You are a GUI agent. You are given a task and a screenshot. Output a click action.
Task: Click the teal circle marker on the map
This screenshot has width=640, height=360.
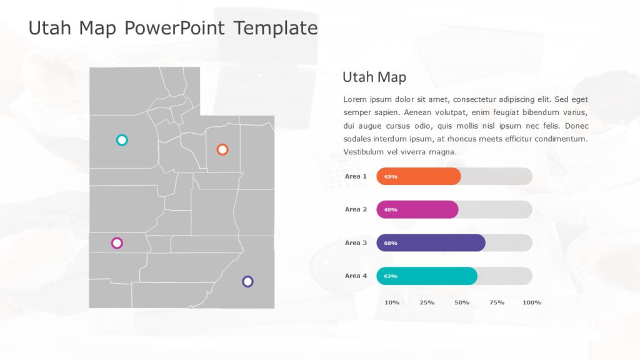[122, 140]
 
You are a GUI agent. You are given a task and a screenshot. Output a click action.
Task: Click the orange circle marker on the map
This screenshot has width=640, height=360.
[222, 149]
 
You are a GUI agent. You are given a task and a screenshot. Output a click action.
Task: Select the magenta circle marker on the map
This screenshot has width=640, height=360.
[117, 242]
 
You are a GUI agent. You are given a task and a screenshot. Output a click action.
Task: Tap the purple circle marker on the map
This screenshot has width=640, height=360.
[247, 281]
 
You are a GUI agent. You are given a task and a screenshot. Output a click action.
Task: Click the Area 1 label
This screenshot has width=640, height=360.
[356, 176]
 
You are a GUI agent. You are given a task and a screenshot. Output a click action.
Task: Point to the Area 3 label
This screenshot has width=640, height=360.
[356, 242]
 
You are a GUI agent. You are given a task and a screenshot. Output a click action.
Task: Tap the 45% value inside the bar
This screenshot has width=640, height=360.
[391, 177]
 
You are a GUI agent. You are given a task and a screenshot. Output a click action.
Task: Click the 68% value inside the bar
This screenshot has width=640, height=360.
[391, 243]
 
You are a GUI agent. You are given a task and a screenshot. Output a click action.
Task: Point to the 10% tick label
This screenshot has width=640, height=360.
[392, 302]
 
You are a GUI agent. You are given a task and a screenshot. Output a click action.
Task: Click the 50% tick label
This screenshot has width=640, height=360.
[462, 302]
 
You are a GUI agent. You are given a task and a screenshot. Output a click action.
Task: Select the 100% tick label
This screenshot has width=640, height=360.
[532, 302]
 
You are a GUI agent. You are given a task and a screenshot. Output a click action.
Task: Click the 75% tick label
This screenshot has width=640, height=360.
[497, 302]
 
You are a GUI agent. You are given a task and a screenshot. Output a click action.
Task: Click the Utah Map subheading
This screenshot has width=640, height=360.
[374, 77]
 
